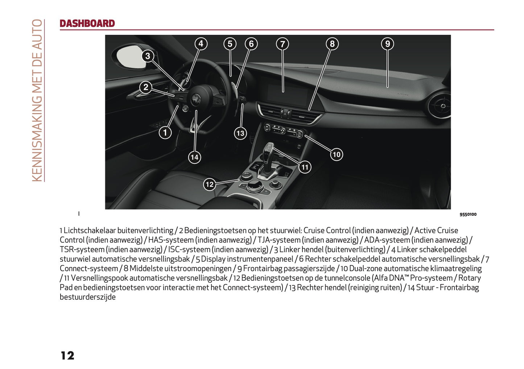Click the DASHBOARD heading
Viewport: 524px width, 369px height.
click(87, 24)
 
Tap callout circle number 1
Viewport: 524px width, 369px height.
click(165, 133)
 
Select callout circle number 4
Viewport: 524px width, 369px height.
click(201, 44)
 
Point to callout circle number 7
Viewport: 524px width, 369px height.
click(282, 44)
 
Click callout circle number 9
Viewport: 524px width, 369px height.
click(387, 44)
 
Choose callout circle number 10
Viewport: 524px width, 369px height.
click(337, 154)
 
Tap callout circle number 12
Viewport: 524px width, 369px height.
click(210, 184)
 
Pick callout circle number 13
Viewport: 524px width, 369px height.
click(240, 133)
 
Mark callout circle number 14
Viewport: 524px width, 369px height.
click(194, 157)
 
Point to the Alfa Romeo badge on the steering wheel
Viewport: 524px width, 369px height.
click(196, 98)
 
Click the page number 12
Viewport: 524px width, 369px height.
click(67, 356)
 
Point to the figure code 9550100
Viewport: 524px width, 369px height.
click(468, 214)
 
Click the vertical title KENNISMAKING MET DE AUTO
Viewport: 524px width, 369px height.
click(37, 100)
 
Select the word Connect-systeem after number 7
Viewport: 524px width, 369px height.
click(89, 269)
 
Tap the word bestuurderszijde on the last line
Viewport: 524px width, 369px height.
click(88, 297)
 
